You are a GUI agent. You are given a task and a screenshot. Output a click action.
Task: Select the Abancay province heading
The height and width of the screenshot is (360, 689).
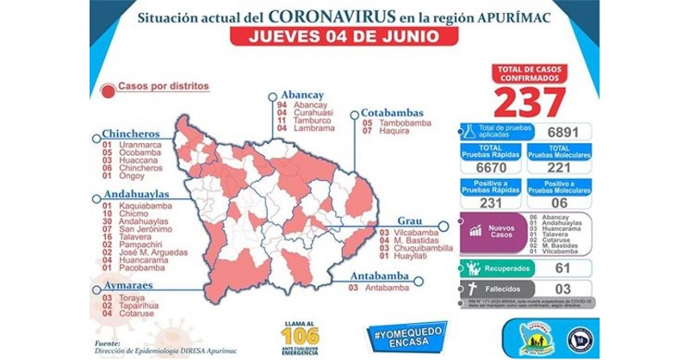click(301, 96)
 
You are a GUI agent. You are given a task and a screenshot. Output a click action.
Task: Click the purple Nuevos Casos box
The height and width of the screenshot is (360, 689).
click(489, 233)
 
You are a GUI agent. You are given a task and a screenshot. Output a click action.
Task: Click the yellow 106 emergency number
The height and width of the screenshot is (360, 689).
click(299, 334)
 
